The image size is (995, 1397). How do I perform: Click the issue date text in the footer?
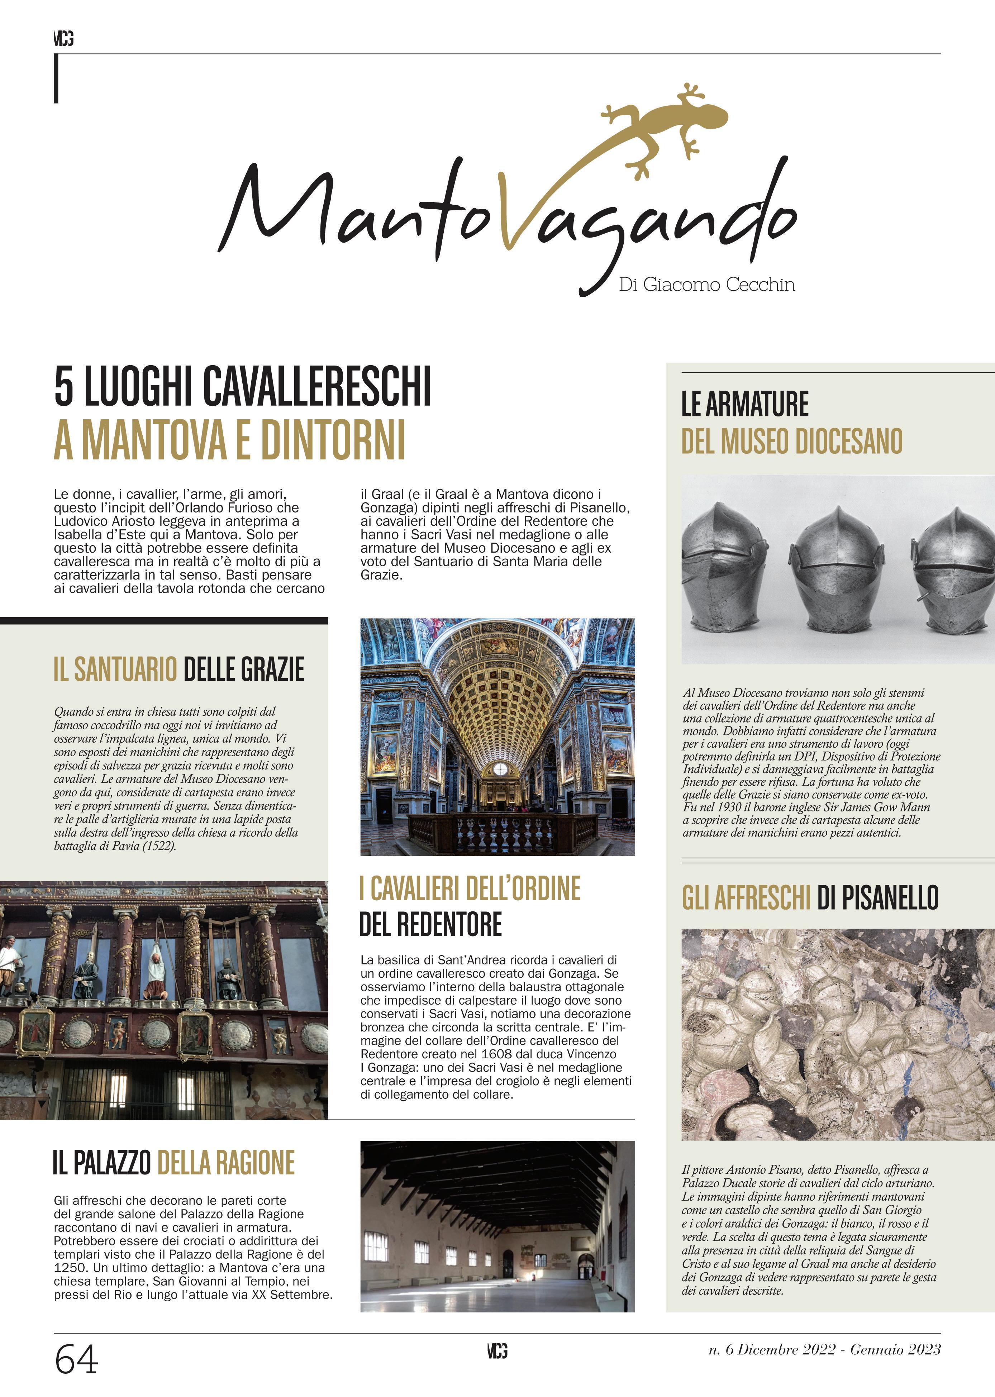pyautogui.click(x=824, y=1350)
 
